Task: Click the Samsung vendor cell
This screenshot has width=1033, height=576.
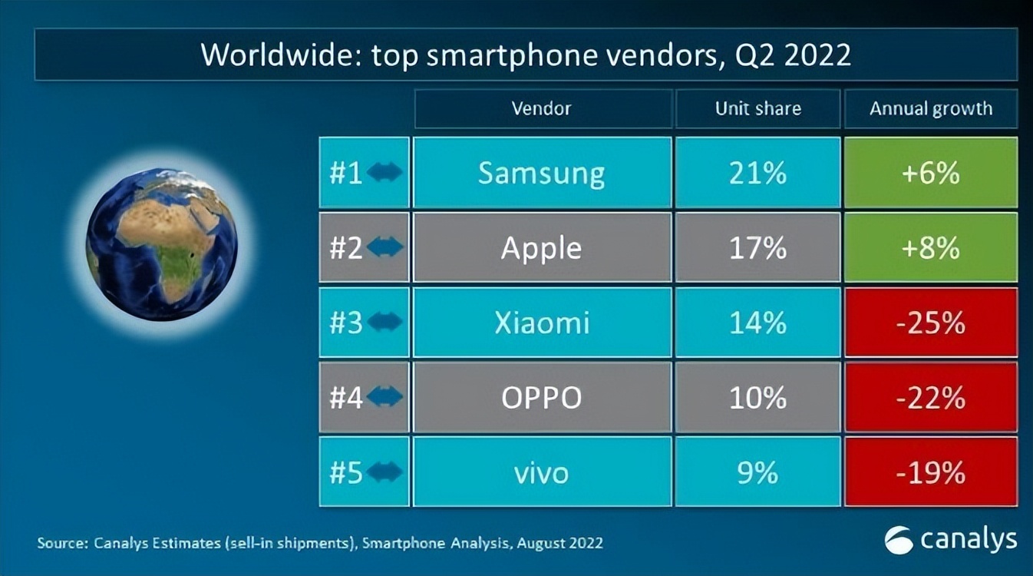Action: click(x=542, y=173)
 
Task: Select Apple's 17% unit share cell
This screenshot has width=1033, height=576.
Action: click(x=757, y=248)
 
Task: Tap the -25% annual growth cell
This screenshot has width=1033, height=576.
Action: click(x=931, y=323)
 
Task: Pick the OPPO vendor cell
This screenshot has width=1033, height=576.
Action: click(x=542, y=398)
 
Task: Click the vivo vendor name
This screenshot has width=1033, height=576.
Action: click(x=542, y=472)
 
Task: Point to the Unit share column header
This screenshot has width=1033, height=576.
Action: click(x=757, y=109)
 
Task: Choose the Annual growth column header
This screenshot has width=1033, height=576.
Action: click(x=931, y=109)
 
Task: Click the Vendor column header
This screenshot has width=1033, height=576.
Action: click(x=542, y=109)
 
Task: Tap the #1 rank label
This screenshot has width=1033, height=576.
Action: click(x=346, y=173)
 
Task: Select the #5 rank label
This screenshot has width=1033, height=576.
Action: click(x=346, y=472)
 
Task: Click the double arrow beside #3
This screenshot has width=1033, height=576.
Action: click(x=384, y=323)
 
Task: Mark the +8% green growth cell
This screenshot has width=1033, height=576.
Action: click(x=931, y=248)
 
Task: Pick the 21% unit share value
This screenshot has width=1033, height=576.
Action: click(x=757, y=173)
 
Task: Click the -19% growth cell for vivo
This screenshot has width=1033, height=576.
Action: click(x=931, y=472)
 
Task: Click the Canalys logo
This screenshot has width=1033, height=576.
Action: click(x=951, y=539)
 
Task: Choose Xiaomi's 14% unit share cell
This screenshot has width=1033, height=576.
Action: click(x=757, y=323)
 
